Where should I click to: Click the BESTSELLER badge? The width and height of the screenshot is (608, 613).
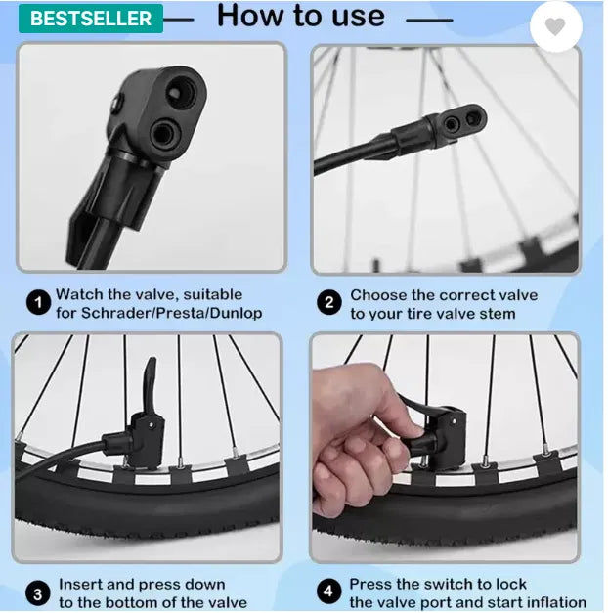click(x=91, y=19)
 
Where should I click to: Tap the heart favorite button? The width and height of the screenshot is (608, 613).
click(x=555, y=26)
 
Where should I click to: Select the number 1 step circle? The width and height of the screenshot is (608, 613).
click(x=38, y=303)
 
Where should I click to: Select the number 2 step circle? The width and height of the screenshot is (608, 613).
click(x=329, y=303)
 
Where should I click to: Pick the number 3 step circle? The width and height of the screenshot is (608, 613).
click(x=38, y=594)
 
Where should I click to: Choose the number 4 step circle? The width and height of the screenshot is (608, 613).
click(x=328, y=591)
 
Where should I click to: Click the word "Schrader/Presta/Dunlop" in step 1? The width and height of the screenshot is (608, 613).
click(x=171, y=314)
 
